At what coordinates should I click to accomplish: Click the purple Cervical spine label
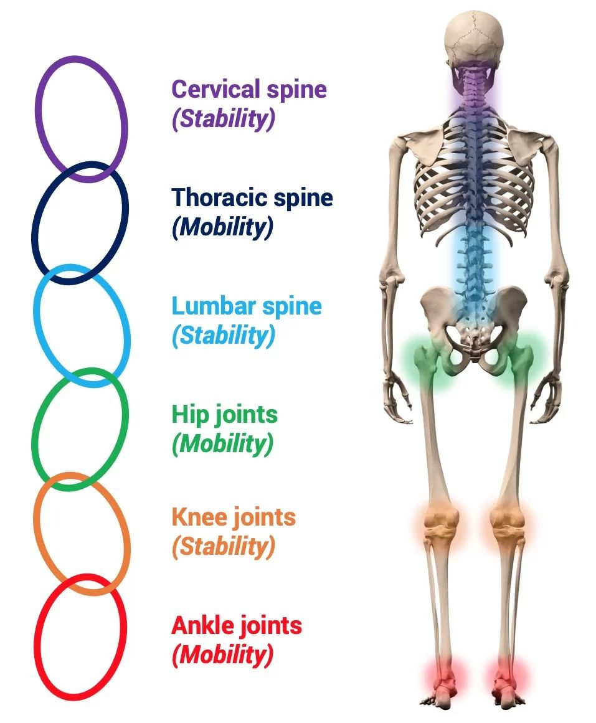[x=248, y=89]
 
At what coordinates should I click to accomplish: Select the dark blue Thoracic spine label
[x=252, y=197]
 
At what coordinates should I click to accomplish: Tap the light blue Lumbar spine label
[x=247, y=306]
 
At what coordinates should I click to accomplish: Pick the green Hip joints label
[x=224, y=415]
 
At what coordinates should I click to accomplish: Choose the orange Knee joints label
[x=233, y=517]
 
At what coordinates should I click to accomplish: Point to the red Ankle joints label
[x=237, y=625]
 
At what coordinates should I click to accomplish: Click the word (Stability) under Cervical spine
[x=223, y=118]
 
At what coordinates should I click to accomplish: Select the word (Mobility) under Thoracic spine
[x=222, y=227]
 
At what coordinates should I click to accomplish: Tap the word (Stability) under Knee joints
[x=223, y=546]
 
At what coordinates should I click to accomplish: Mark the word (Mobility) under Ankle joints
[x=222, y=654]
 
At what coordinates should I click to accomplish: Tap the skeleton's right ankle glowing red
[x=508, y=675]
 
